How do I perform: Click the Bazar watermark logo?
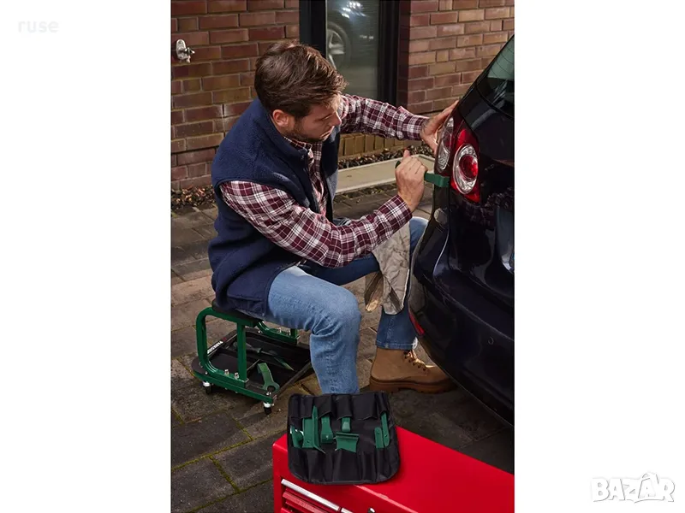[x=633, y=488]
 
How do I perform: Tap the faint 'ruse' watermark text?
[x=38, y=27]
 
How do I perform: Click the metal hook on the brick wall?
[x=183, y=50]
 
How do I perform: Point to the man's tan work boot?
[x=409, y=371]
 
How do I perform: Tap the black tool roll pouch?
[x=344, y=436]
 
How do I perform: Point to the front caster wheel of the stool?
[x=267, y=408]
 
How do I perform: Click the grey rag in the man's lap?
[x=390, y=270]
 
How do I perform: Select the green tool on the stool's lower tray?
[x=267, y=377]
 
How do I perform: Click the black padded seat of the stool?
[x=236, y=313]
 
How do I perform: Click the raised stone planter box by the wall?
[x=384, y=173]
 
